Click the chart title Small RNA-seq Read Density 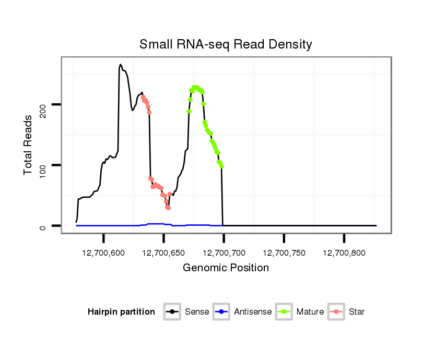(226, 44)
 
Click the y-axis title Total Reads (29, 145)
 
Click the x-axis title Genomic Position (226, 268)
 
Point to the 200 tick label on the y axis (43, 105)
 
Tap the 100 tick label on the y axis (43, 165)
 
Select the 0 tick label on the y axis (43, 226)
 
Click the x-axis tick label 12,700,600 (103, 253)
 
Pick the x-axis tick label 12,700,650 (163, 253)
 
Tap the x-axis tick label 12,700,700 (224, 253)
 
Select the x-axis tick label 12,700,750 (284, 253)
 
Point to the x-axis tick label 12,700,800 (344, 253)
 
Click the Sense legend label (196, 312)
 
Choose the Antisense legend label (253, 312)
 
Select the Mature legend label (310, 312)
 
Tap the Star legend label (357, 312)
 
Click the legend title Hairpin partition (121, 312)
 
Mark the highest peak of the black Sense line (120, 65)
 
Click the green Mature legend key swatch (284, 312)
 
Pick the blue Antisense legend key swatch (221, 312)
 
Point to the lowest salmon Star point (168, 208)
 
